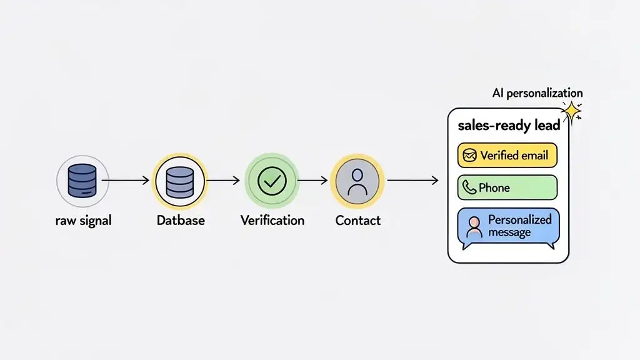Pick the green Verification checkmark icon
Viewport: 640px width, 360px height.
click(x=272, y=181)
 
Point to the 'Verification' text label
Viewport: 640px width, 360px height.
click(x=272, y=220)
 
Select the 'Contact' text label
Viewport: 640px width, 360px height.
click(x=358, y=220)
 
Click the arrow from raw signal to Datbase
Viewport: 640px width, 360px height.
click(x=125, y=181)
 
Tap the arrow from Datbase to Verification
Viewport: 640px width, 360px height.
click(x=222, y=181)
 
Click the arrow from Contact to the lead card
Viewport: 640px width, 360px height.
click(x=412, y=181)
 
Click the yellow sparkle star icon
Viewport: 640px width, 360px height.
click(x=571, y=111)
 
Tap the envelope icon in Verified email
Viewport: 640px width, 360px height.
click(x=469, y=155)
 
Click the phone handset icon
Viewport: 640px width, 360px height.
click(x=469, y=187)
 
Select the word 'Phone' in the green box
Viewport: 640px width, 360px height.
click(x=494, y=187)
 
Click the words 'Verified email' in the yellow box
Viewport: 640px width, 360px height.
click(x=514, y=155)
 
